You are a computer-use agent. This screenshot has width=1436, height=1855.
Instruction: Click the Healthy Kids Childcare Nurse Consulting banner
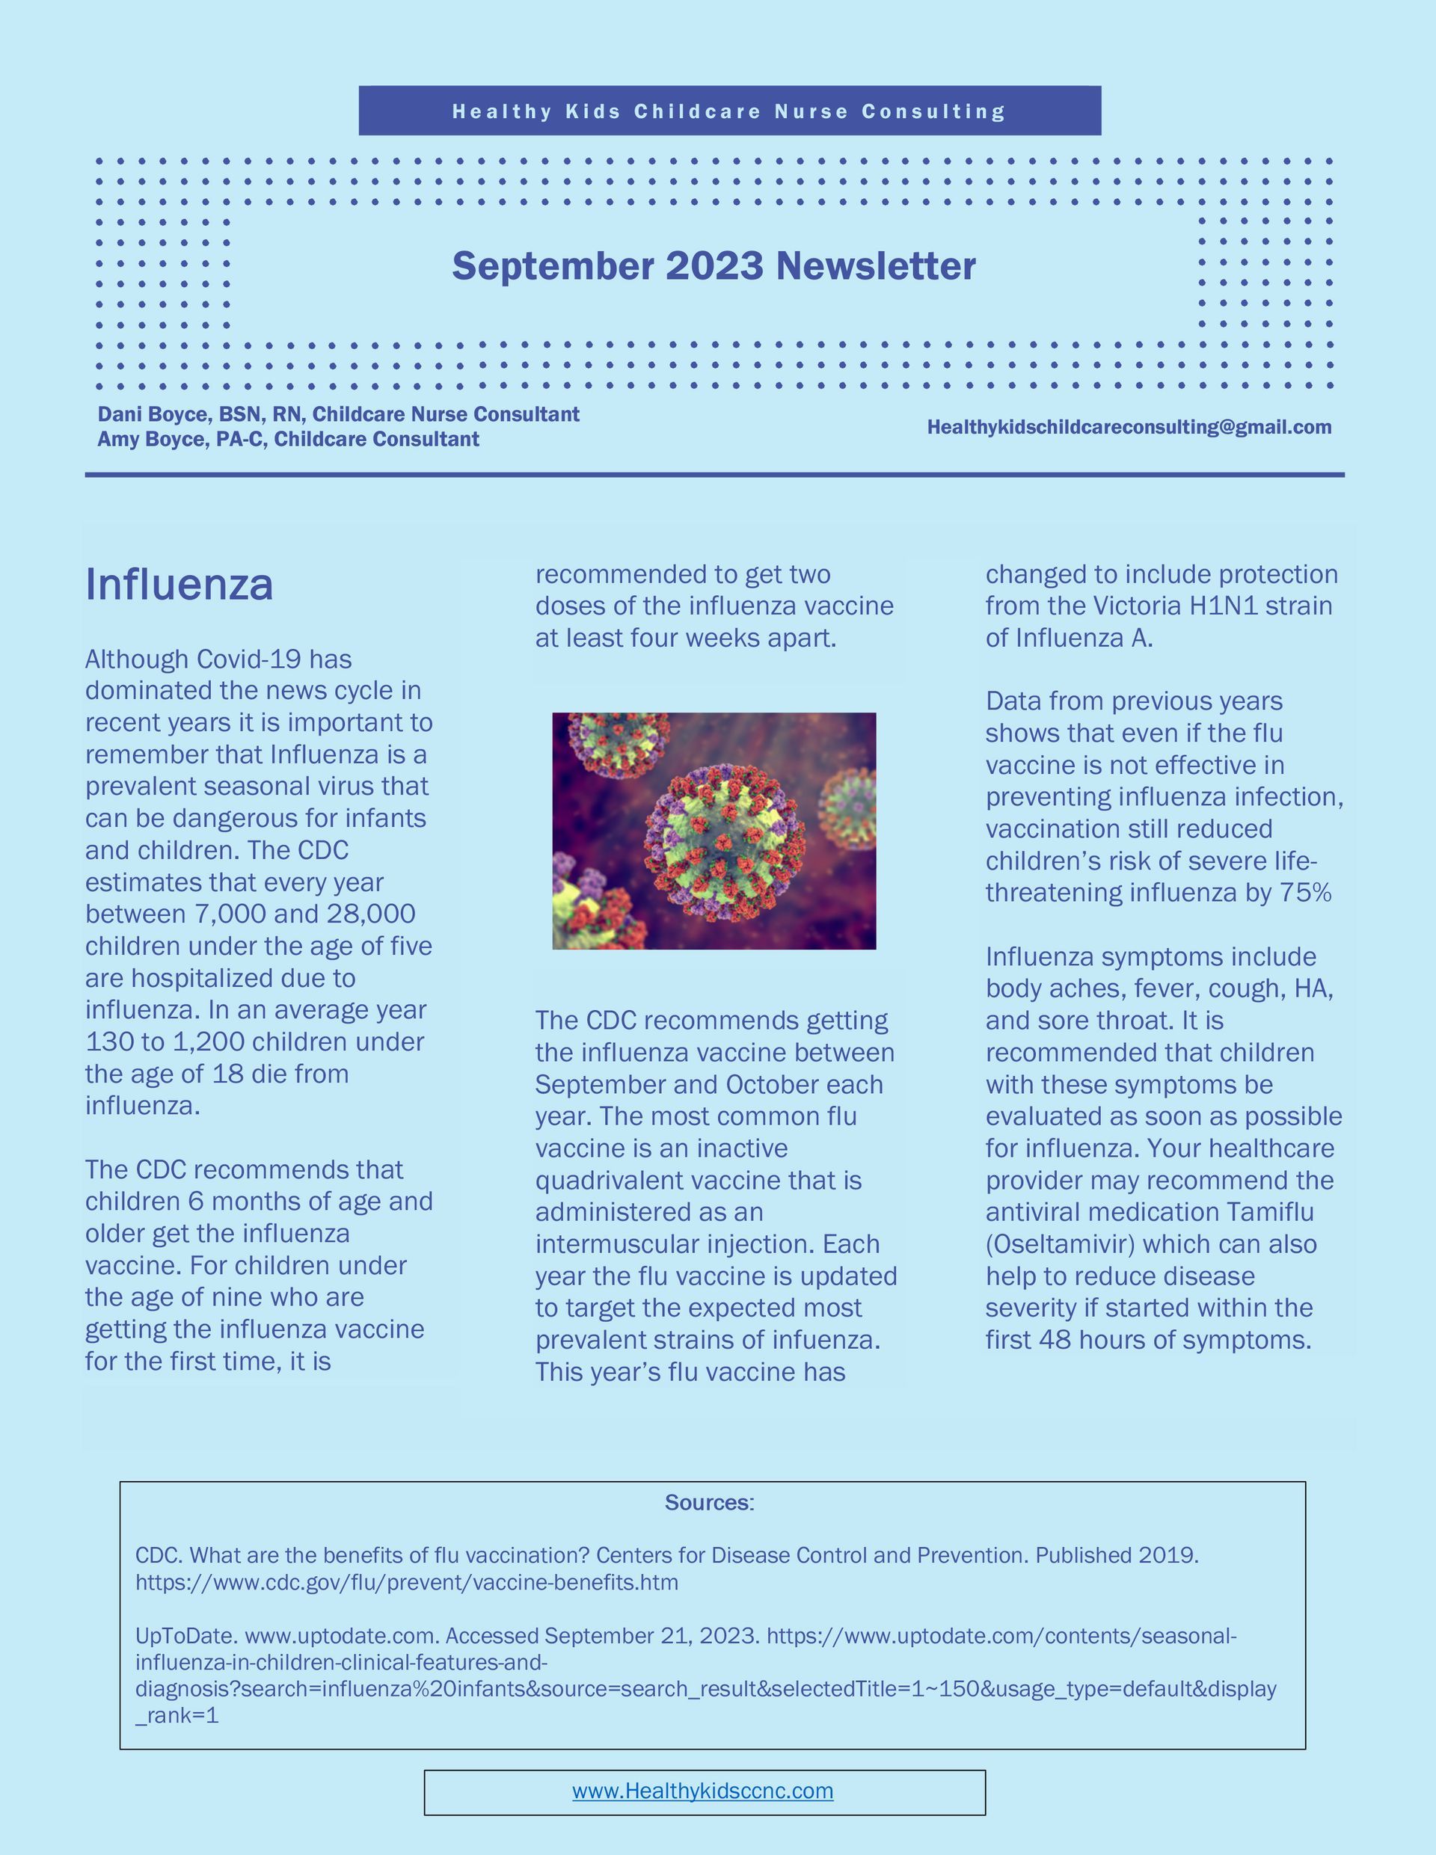click(729, 111)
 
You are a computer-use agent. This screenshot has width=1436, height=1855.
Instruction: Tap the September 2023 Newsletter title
click(714, 266)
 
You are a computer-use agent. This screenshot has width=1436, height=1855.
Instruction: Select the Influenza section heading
click(179, 585)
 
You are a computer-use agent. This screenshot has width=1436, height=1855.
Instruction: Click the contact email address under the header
click(1129, 427)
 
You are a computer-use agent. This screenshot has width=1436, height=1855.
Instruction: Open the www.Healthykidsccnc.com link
click(703, 1791)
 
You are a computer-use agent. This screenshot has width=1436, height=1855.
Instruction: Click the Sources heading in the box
click(709, 1503)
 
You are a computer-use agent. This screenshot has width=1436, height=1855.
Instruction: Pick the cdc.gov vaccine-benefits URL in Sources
click(407, 1582)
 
